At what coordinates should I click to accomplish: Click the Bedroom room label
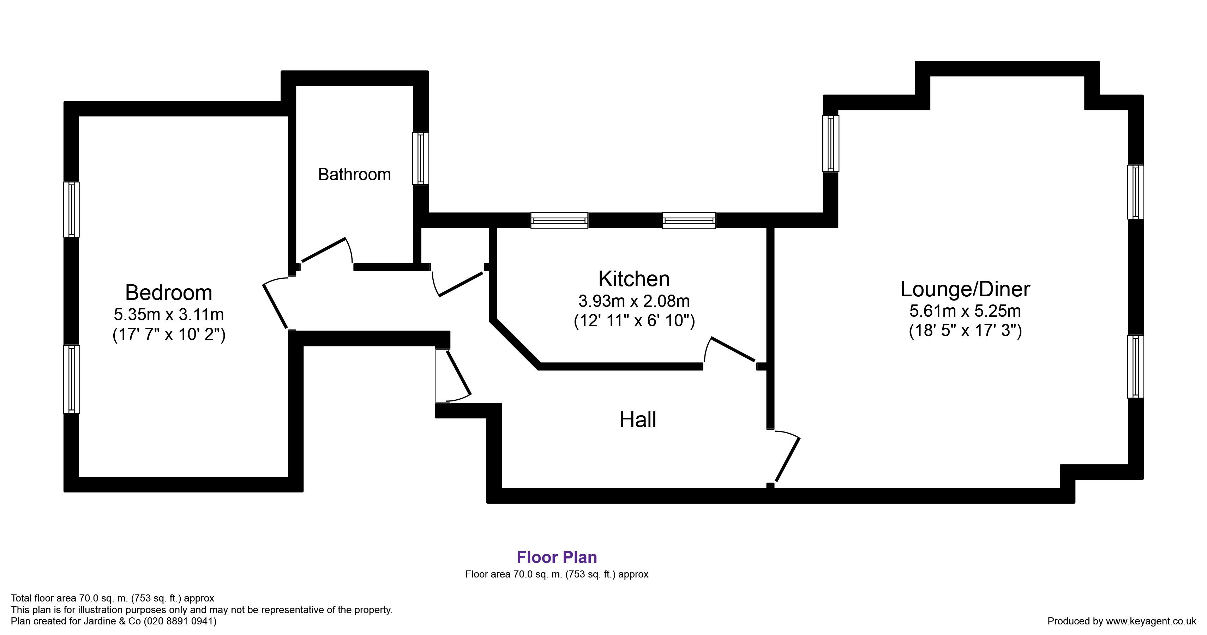tap(169, 293)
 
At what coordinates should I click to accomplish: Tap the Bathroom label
tap(354, 175)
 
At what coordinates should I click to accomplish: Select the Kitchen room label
tap(634, 279)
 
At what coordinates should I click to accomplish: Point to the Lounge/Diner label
tap(965, 289)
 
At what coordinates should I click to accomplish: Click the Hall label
tap(638, 419)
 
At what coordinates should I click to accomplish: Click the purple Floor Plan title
tap(557, 557)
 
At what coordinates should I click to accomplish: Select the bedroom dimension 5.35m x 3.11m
tap(169, 314)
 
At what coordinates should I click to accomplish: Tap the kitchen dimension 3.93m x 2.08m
tap(634, 301)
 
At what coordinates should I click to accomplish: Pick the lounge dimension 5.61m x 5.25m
tap(965, 311)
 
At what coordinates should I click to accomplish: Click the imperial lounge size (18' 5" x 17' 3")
tap(965, 331)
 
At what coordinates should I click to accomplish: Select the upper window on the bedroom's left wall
tap(72, 209)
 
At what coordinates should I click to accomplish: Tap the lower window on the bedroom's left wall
tap(72, 379)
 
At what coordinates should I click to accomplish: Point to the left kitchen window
tap(559, 220)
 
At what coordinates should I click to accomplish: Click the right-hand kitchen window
tap(689, 220)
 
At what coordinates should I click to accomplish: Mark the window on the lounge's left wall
tap(831, 143)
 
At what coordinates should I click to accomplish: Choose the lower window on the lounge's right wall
tap(1135, 367)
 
